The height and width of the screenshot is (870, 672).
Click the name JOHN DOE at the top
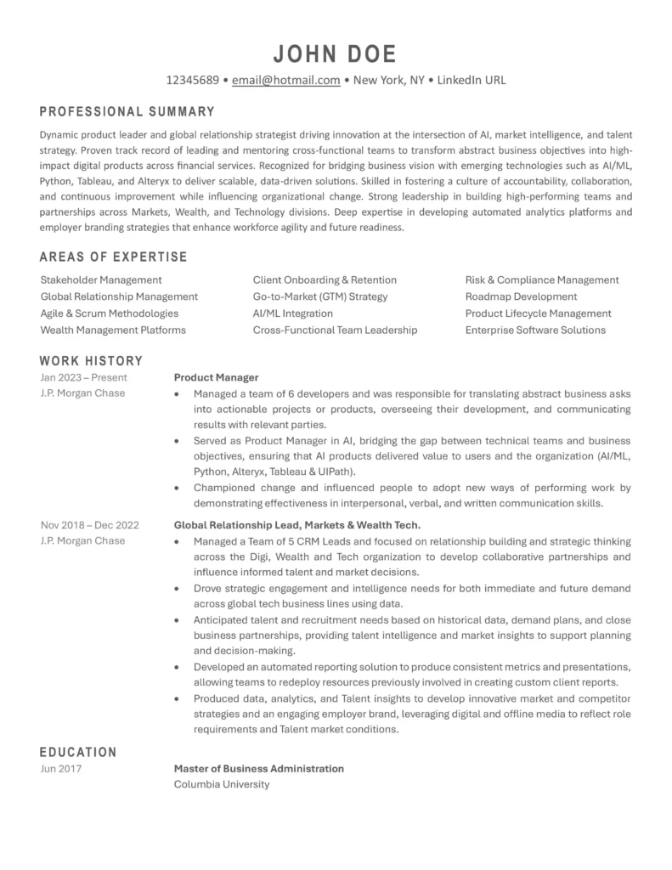pyautogui.click(x=336, y=54)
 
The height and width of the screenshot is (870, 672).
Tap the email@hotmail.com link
pyautogui.click(x=285, y=81)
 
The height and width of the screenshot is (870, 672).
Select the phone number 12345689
pyautogui.click(x=193, y=81)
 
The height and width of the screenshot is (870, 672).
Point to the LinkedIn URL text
pyautogui.click(x=472, y=81)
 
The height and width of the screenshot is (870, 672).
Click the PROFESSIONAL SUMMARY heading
pyautogui.click(x=127, y=111)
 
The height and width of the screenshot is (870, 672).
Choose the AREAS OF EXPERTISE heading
pyautogui.click(x=114, y=257)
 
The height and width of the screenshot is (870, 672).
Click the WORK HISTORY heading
pyautogui.click(x=91, y=361)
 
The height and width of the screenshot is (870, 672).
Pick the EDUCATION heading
pyautogui.click(x=78, y=752)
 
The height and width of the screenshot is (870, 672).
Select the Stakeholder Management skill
pyautogui.click(x=101, y=280)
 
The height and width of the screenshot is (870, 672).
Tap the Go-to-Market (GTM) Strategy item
pyautogui.click(x=319, y=297)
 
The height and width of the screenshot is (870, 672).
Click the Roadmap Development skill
pyautogui.click(x=521, y=297)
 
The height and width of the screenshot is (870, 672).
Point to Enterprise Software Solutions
pyautogui.click(x=535, y=330)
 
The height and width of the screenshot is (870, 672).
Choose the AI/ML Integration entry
pyautogui.click(x=292, y=314)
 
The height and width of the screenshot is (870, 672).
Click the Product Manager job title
pyautogui.click(x=216, y=377)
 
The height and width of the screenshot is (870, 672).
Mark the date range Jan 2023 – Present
pyautogui.click(x=84, y=377)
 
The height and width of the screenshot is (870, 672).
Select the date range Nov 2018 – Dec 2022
pyautogui.click(x=90, y=524)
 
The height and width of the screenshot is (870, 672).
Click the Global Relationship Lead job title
pyautogui.click(x=297, y=524)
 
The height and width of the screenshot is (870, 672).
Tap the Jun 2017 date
pyautogui.click(x=61, y=769)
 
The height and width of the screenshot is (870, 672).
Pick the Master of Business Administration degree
pyautogui.click(x=259, y=769)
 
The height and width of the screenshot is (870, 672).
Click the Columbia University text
pyautogui.click(x=221, y=784)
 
